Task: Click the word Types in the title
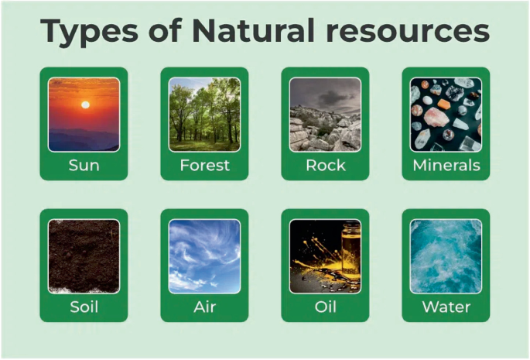[89, 32]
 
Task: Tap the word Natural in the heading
[254, 30]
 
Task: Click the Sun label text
[84, 166]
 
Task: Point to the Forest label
[204, 166]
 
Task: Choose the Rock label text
[326, 166]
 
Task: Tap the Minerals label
[446, 166]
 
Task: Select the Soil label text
[84, 307]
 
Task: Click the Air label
[204, 307]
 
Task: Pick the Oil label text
[325, 307]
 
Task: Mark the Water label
[446, 307]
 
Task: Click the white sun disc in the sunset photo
[86, 105]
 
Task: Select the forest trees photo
[204, 115]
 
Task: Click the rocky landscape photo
[325, 115]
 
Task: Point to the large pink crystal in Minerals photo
[436, 117]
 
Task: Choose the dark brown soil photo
[84, 256]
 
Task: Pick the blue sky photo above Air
[204, 256]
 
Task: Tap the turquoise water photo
[446, 256]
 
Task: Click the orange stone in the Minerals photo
[443, 104]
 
